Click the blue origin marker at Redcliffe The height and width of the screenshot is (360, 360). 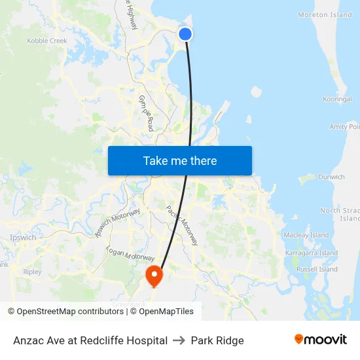[x=185, y=34]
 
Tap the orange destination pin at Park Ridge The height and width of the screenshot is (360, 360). [x=154, y=275]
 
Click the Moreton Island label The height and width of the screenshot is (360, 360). [x=325, y=15]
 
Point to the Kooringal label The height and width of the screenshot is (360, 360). [x=337, y=99]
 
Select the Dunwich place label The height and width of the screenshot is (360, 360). [x=331, y=177]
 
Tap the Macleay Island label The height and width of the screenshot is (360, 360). [x=306, y=235]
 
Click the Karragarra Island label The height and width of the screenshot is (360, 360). [x=311, y=253]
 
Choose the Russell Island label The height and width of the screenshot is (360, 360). [x=316, y=269]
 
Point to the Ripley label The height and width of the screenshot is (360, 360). [x=32, y=272]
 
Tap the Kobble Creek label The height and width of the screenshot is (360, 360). [x=47, y=41]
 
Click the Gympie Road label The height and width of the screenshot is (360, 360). [x=146, y=113]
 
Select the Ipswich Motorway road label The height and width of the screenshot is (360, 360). [x=118, y=223]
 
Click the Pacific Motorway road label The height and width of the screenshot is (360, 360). [x=181, y=225]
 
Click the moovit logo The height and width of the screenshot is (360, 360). [x=320, y=340]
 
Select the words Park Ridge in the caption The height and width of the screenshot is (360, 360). [x=217, y=340]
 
